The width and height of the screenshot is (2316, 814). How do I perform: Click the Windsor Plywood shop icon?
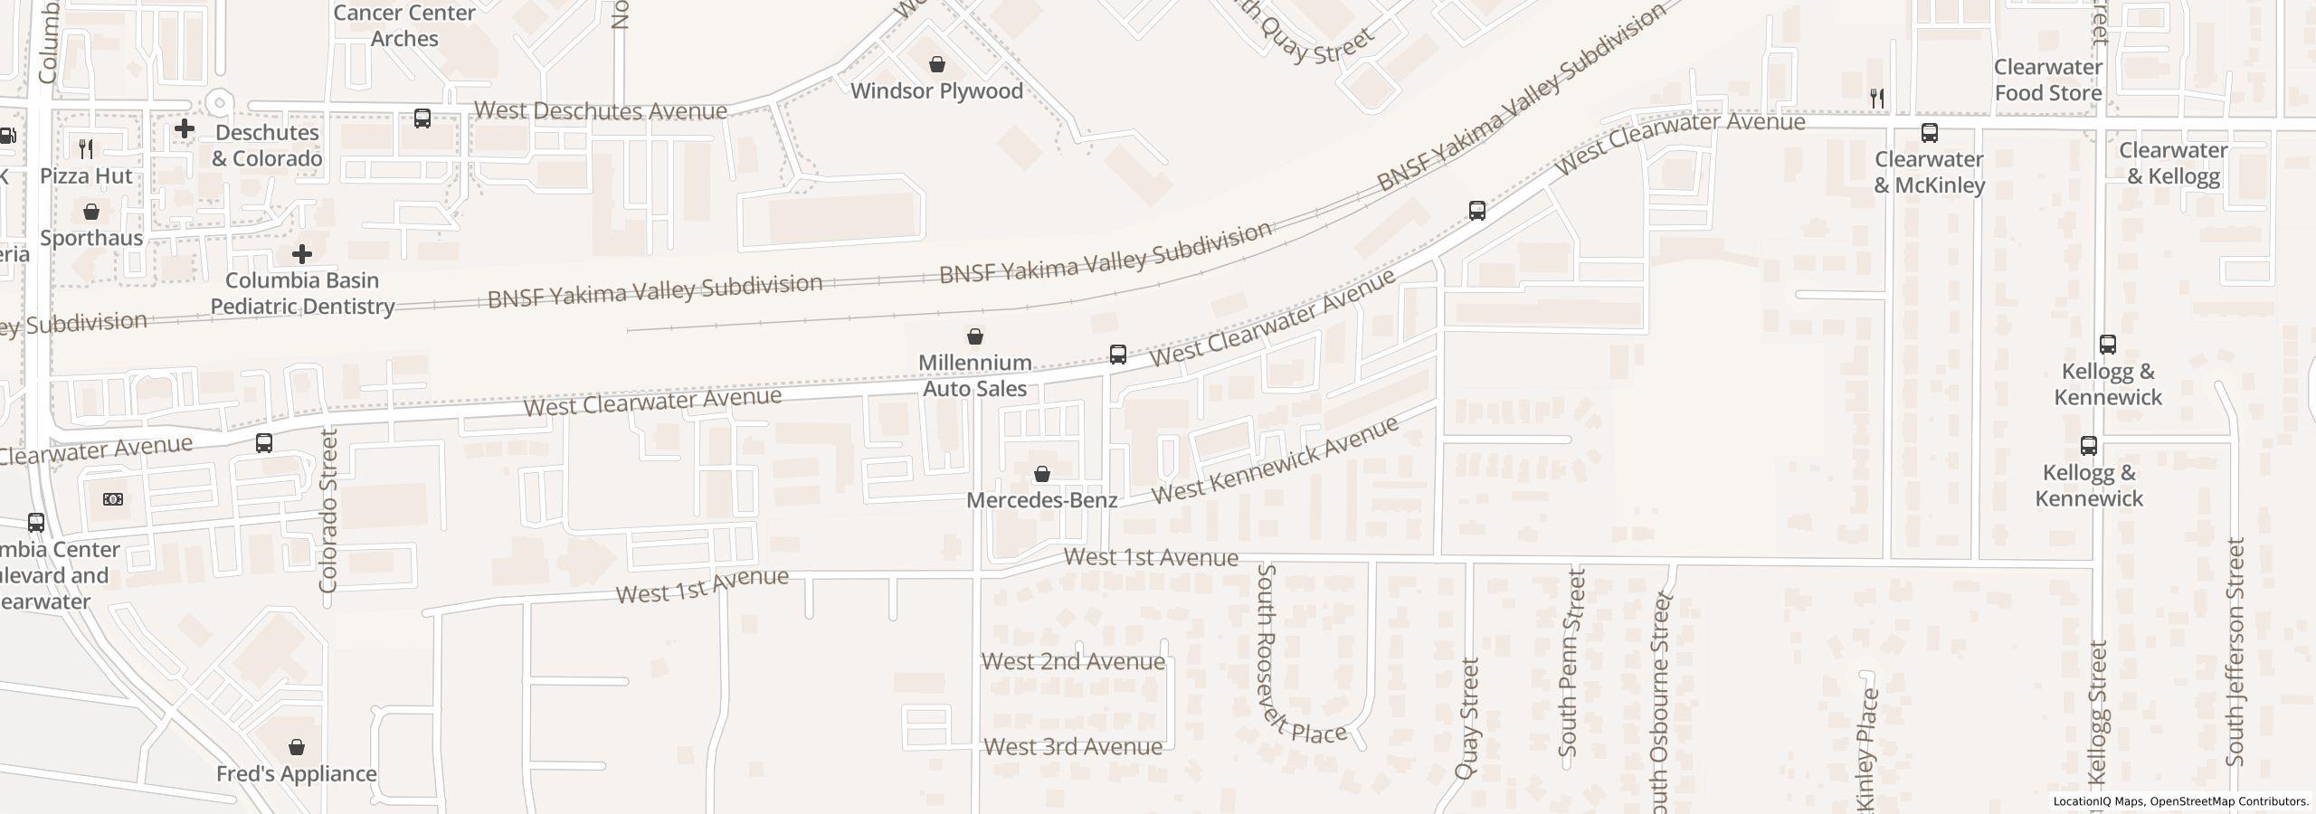pyautogui.click(x=937, y=64)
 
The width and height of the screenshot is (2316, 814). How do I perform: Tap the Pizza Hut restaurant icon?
pyautogui.click(x=86, y=148)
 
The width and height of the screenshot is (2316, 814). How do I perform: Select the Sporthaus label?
pyautogui.click(x=91, y=238)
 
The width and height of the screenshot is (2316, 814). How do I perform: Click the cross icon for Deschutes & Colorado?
pyautogui.click(x=185, y=128)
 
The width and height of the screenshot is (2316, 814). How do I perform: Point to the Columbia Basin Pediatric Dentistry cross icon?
pyautogui.click(x=302, y=254)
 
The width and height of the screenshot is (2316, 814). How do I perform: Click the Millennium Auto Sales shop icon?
pyautogui.click(x=975, y=337)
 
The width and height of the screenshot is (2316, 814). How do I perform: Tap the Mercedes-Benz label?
pyautogui.click(x=1042, y=500)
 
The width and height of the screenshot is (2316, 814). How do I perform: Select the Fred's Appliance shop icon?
pyautogui.click(x=297, y=747)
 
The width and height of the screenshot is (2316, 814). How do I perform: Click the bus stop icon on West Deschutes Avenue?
pyautogui.click(x=422, y=118)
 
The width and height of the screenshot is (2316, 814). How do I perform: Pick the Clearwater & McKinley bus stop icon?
pyautogui.click(x=1929, y=134)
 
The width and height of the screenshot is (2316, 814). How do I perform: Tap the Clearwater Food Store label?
pyautogui.click(x=2048, y=80)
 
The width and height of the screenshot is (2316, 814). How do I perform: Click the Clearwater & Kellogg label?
pyautogui.click(x=2173, y=163)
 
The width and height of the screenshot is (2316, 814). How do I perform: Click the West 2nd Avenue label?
pyautogui.click(x=1073, y=662)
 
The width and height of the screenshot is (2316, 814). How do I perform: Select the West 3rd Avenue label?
pyautogui.click(x=1073, y=747)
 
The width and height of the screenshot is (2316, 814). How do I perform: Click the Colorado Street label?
pyautogui.click(x=328, y=511)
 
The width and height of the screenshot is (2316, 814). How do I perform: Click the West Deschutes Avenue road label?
pyautogui.click(x=601, y=111)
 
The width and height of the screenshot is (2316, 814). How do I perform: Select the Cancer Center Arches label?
pyautogui.click(x=403, y=26)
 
